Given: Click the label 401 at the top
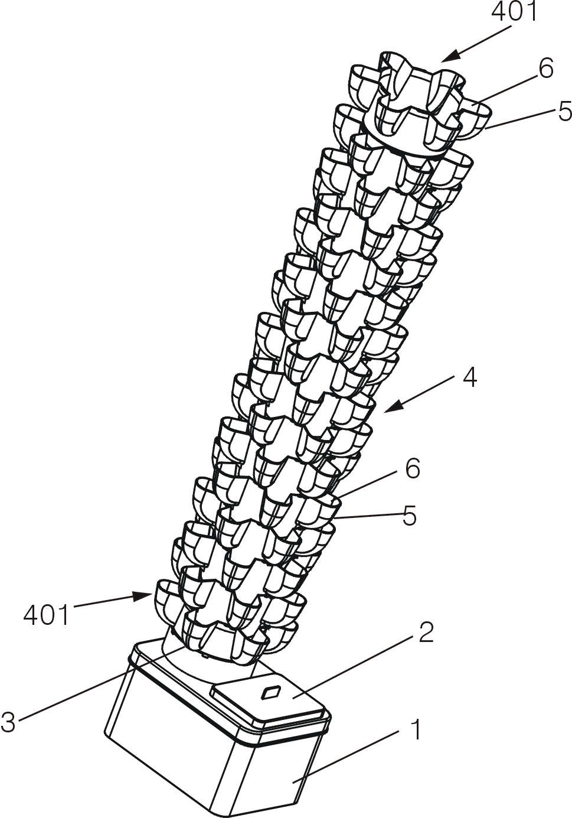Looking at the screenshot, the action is point(515,12).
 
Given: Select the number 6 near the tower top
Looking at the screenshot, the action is point(545,69).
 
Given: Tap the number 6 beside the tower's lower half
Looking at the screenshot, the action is point(412,468).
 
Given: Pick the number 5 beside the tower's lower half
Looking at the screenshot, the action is point(410,516).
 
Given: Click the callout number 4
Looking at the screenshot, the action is point(469,377).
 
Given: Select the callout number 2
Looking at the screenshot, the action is point(426,633).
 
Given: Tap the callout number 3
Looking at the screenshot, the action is point(8,722).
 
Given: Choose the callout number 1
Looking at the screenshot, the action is point(416,731).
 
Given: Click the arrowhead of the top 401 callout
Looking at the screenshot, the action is point(446,58).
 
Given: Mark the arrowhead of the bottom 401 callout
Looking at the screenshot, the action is point(145,596).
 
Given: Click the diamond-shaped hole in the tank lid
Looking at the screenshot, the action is point(272,691).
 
